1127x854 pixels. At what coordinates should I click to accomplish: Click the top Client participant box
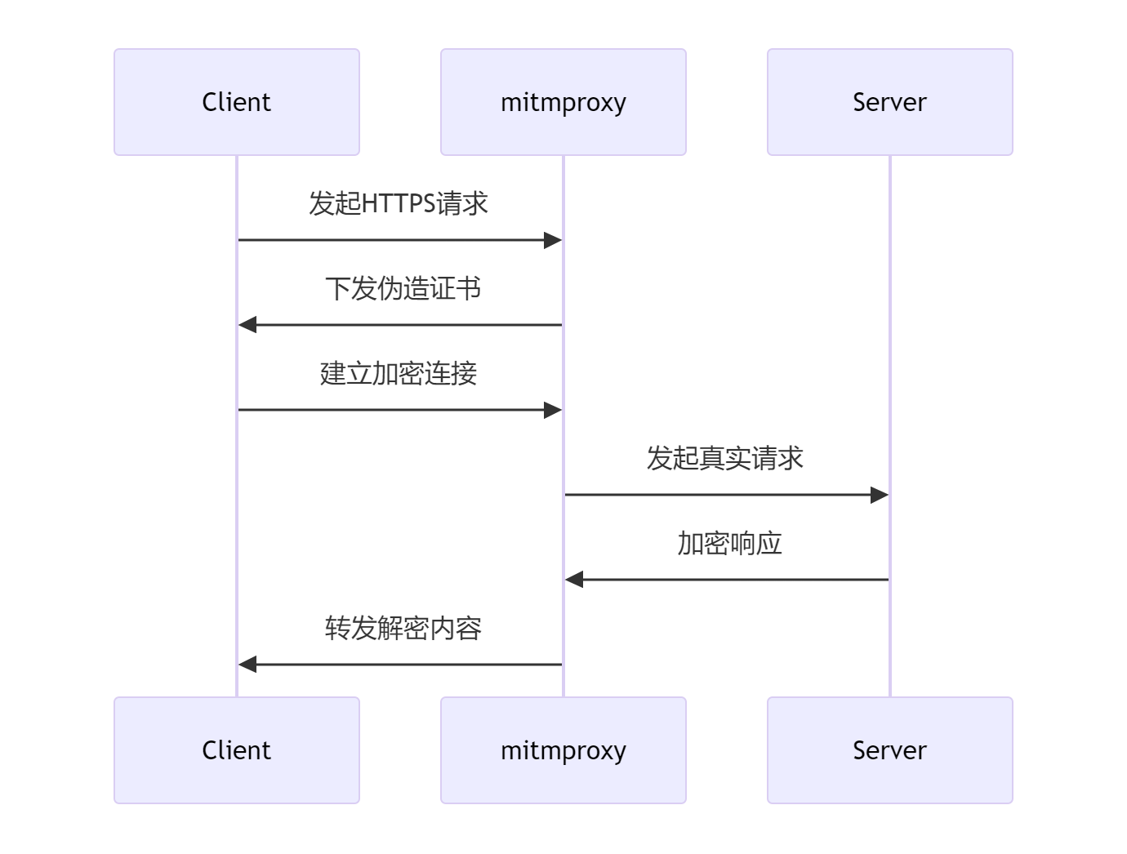(237, 102)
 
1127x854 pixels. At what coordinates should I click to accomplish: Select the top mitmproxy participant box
(563, 102)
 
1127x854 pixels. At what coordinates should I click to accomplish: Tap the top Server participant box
(889, 102)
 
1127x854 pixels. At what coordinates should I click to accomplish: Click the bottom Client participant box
(237, 750)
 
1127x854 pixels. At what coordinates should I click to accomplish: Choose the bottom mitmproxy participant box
(563, 750)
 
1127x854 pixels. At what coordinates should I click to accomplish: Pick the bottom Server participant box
(889, 750)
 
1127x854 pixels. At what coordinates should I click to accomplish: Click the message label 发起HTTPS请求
(399, 203)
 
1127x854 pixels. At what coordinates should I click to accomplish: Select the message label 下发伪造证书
(403, 288)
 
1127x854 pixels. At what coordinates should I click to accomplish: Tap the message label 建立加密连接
(399, 373)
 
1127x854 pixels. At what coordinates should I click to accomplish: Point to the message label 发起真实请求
(725, 458)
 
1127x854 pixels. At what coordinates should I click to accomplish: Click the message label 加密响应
(729, 543)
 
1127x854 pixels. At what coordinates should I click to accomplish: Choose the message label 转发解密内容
(403, 628)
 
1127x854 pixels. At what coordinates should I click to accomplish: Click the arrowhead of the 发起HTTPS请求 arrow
(553, 240)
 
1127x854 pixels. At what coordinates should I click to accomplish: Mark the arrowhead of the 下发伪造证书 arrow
(247, 325)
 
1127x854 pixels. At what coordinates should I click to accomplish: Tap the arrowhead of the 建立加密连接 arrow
(553, 410)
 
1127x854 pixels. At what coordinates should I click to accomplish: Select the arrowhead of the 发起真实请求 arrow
(880, 495)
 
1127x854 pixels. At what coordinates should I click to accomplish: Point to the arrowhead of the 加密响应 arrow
(574, 580)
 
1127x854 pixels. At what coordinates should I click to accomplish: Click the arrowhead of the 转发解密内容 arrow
(247, 665)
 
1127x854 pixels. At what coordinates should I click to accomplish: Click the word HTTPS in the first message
(398, 203)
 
